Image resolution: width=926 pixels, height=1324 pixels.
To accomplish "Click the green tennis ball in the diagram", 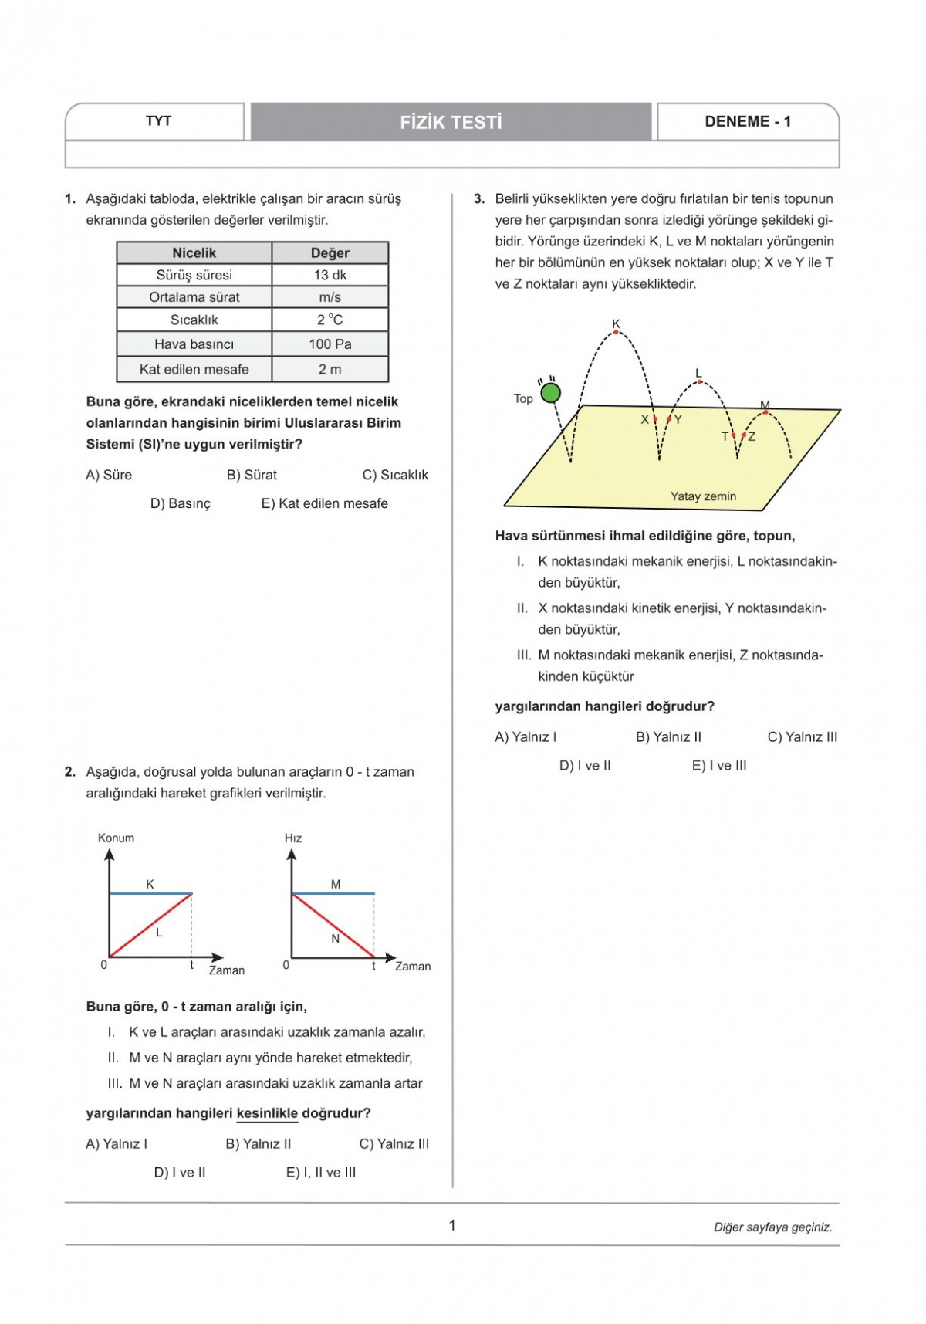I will click(550, 393).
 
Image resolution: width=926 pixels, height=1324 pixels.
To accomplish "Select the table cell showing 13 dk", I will click(330, 275).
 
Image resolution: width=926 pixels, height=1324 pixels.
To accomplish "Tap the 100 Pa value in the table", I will click(330, 344).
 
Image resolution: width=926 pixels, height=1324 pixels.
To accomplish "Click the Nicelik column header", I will click(194, 253).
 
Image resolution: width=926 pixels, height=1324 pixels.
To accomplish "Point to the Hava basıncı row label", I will click(194, 344).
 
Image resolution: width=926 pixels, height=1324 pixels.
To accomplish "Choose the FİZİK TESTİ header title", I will click(451, 122).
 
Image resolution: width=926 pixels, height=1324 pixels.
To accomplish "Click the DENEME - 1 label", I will click(747, 121).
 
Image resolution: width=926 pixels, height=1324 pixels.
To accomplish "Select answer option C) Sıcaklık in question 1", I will click(395, 475).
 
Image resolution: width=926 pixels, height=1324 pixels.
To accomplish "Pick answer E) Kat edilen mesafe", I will click(324, 503).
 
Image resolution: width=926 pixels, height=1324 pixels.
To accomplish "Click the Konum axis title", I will click(116, 838).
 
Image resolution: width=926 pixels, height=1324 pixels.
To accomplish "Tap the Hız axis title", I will click(293, 838).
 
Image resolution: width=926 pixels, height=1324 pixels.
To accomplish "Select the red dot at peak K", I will click(616, 333).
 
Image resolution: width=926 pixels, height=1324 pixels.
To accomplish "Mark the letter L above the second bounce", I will click(698, 374).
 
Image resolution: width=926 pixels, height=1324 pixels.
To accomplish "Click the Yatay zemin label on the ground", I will click(703, 496).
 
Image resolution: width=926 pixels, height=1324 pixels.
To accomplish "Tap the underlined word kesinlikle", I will click(267, 1113).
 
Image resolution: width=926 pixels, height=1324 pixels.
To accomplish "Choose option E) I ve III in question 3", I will click(719, 766).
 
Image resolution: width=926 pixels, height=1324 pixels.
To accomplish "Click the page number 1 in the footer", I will click(452, 1225).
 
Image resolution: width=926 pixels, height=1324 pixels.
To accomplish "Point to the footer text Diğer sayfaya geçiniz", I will click(772, 1227).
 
